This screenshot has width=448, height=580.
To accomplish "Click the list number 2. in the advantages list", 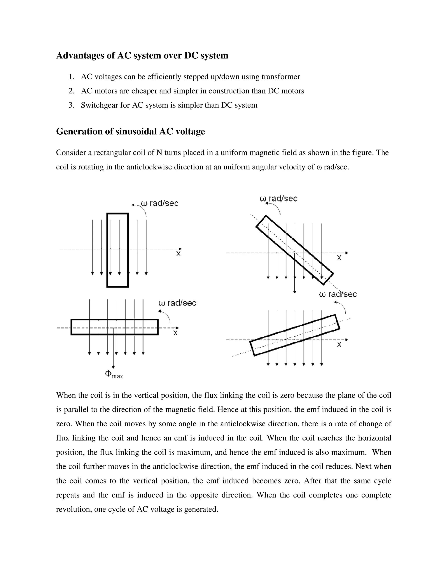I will [71, 91].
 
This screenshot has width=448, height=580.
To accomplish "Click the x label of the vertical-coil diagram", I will [178, 254].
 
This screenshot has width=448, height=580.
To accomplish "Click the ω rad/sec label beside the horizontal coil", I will [177, 303].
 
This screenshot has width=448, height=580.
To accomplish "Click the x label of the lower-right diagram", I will [339, 345].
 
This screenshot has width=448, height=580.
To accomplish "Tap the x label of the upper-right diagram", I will [339, 258].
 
